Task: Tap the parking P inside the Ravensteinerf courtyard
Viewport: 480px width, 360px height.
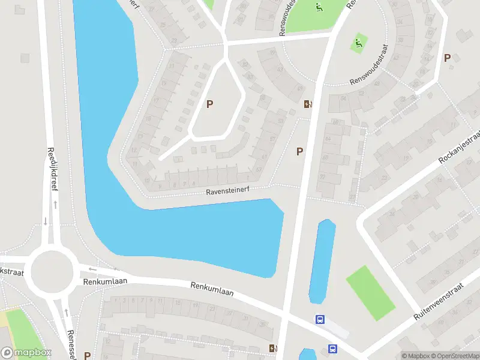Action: tap(209, 104)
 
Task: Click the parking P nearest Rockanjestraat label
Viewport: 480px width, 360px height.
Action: tap(446, 58)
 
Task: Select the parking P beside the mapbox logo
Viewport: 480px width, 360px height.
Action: tap(87, 356)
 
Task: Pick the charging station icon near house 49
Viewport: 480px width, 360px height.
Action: tap(308, 104)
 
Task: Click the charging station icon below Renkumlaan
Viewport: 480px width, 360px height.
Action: tap(274, 348)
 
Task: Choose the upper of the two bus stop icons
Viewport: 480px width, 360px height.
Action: tap(320, 320)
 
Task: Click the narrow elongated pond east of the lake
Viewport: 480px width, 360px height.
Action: tap(322, 262)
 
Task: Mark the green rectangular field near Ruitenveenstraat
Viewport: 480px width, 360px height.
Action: tap(370, 292)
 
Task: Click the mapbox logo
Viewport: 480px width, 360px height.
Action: tap(26, 353)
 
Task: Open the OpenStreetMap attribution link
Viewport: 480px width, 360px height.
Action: tap(455, 356)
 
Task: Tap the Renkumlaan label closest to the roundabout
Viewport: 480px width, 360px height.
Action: tap(98, 281)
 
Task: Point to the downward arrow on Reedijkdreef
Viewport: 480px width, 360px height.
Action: tap(45, 221)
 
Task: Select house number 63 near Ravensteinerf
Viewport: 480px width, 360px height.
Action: tap(259, 170)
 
